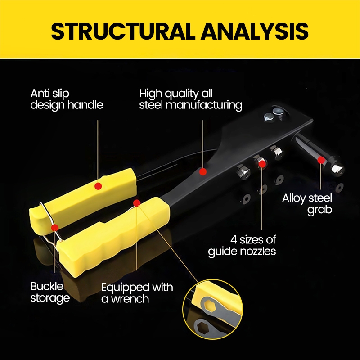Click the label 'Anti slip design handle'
point(67,99)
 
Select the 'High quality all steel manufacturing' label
point(190,99)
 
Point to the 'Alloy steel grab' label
point(307,203)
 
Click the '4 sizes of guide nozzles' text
point(242,245)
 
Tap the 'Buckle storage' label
point(49,292)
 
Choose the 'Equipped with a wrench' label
point(137,292)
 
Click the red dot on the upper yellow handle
point(98,185)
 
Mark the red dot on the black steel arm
point(203,171)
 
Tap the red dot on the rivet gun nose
point(320,160)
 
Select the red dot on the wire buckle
point(54,227)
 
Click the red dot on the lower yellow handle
point(137,203)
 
